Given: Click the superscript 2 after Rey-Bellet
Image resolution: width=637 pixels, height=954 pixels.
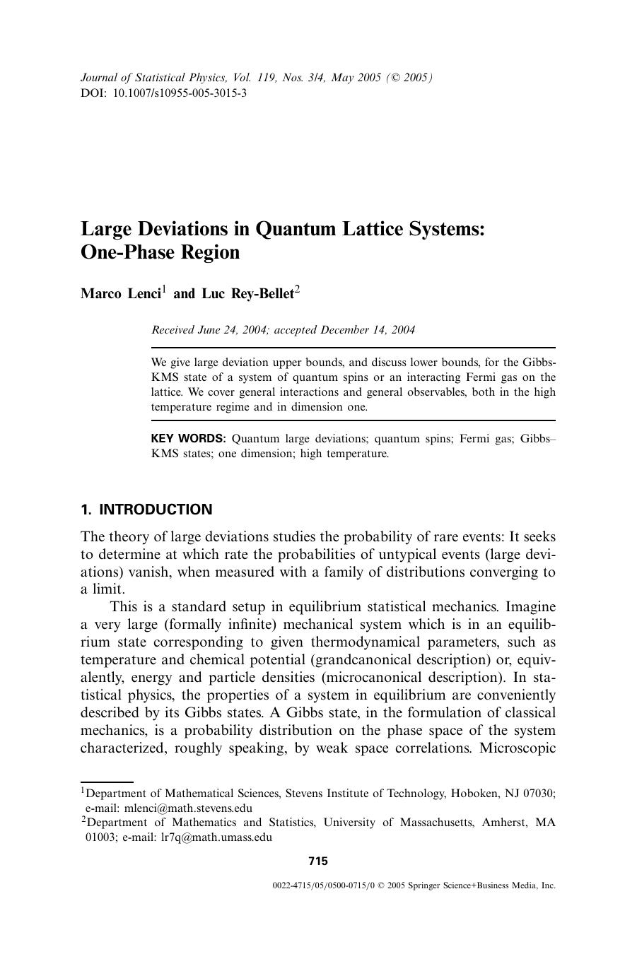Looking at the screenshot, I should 298,289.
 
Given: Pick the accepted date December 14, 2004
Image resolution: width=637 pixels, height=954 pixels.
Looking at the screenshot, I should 368,330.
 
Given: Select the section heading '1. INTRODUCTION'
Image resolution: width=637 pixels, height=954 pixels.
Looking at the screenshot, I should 146,510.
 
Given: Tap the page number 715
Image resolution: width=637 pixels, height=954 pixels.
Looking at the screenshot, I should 318,861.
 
